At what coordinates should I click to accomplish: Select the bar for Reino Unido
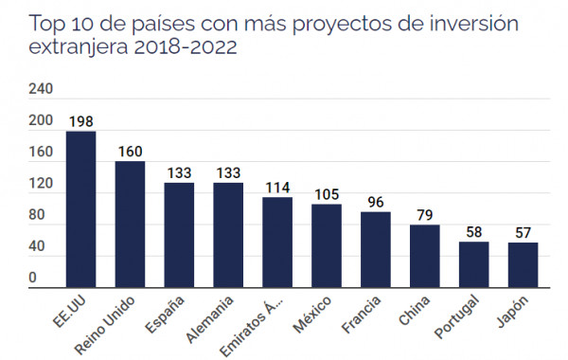pyautogui.click(x=130, y=224)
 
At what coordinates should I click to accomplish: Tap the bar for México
pyautogui.click(x=327, y=245)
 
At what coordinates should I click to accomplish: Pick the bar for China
pyautogui.click(x=425, y=256)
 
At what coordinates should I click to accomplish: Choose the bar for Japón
pyautogui.click(x=524, y=264)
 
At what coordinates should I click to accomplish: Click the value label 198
pyautogui.click(x=80, y=120)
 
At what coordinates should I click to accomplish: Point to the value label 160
pyautogui.click(x=130, y=151)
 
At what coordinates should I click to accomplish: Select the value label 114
pyautogui.click(x=277, y=187)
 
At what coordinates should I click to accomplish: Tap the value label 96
pyautogui.click(x=376, y=201)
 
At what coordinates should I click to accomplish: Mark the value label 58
pyautogui.click(x=474, y=231)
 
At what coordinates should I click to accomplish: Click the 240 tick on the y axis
pyautogui.click(x=41, y=89)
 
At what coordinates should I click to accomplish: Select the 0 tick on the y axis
pyautogui.click(x=32, y=278)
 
